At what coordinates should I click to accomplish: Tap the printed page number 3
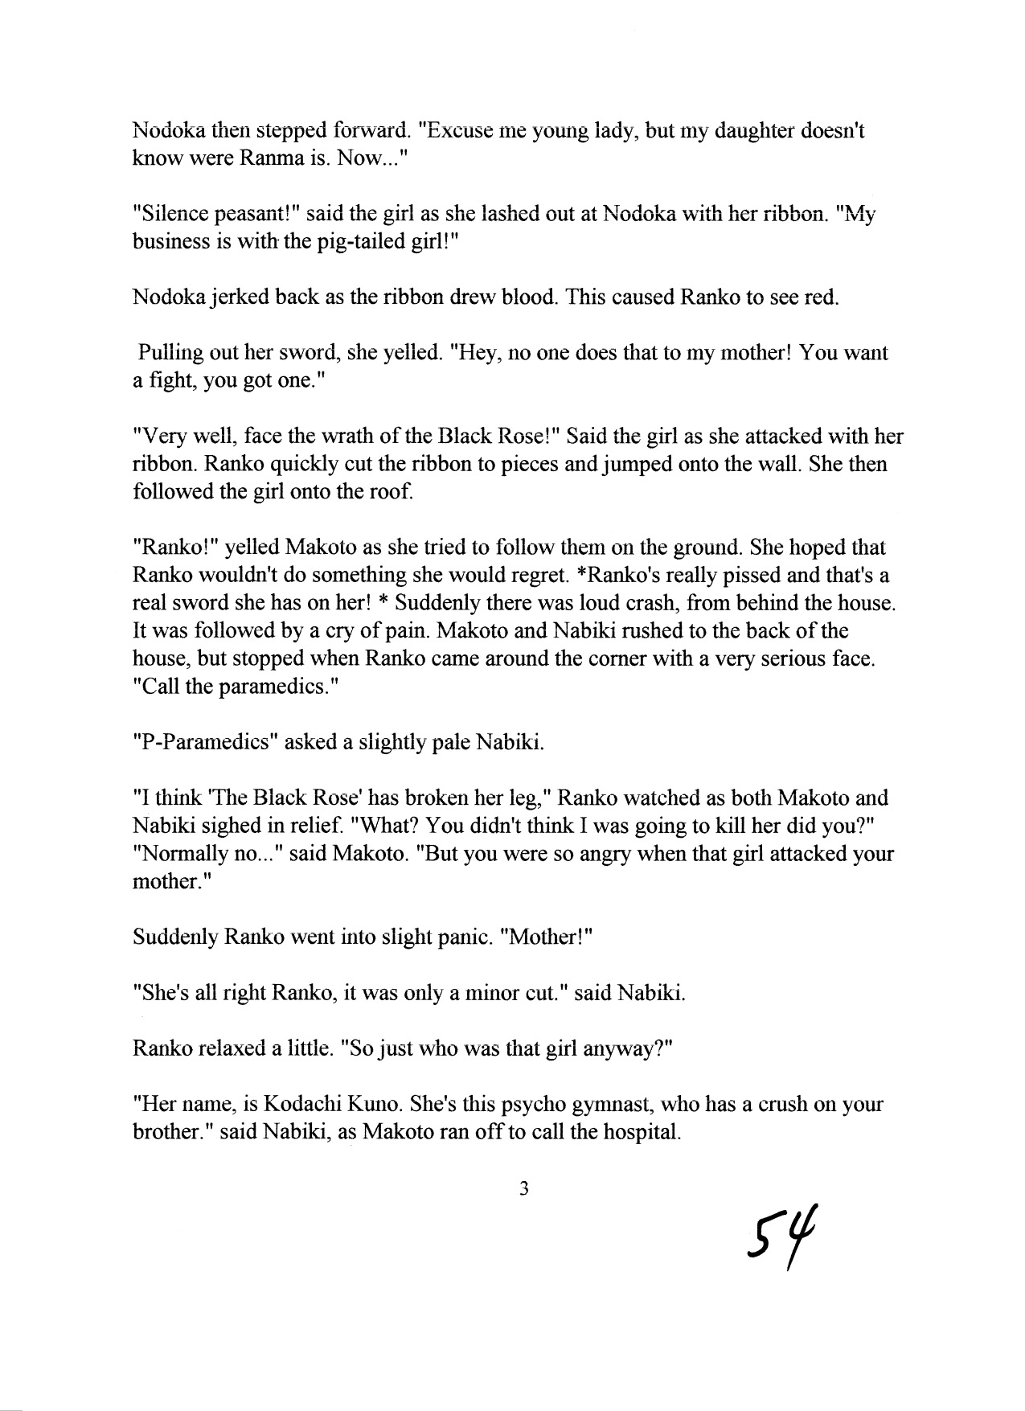coord(523,1189)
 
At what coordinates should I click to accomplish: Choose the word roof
coord(395,492)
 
